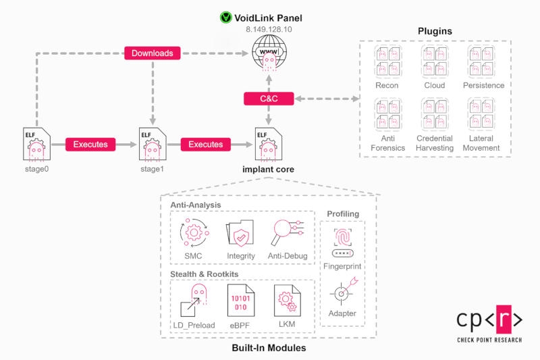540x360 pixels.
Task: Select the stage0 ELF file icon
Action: click(34, 143)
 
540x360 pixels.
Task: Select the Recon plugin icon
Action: click(387, 65)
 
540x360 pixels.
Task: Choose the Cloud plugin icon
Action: click(434, 65)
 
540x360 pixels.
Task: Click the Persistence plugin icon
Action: click(483, 65)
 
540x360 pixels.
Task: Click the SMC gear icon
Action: click(194, 232)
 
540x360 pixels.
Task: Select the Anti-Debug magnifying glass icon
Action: click(288, 232)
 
